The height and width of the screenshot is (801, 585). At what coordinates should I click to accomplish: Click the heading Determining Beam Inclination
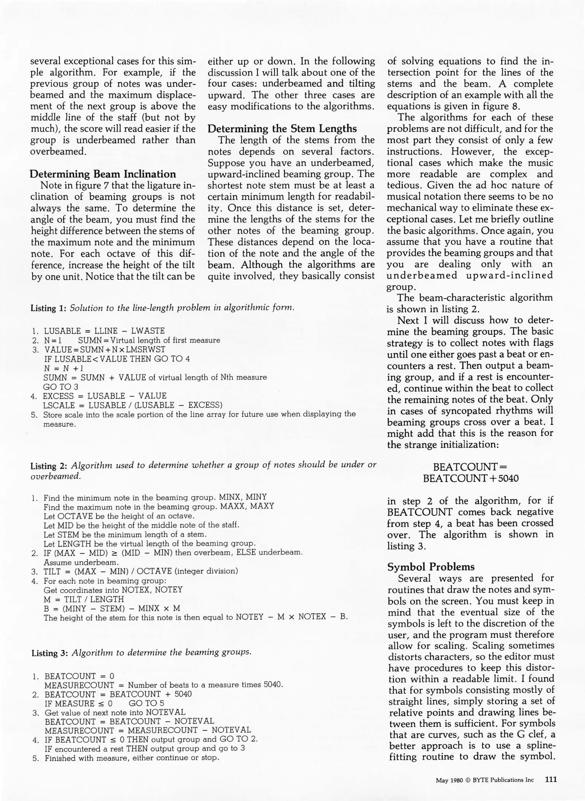[x=103, y=174]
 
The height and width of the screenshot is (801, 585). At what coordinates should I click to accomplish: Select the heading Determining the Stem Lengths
[x=282, y=129]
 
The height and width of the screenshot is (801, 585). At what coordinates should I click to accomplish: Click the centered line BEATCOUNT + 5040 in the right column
[x=470, y=478]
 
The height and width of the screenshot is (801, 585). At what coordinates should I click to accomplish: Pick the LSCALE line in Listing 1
[x=133, y=405]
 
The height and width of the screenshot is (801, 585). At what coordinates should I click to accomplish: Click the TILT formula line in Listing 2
[x=141, y=571]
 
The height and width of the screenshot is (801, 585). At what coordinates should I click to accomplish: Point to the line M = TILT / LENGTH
[x=84, y=599]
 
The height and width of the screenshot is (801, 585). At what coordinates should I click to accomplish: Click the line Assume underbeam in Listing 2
[x=76, y=562]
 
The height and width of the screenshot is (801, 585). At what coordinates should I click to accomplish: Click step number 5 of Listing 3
[x=36, y=758]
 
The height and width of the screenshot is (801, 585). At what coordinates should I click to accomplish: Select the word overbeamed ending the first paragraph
[x=58, y=151]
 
